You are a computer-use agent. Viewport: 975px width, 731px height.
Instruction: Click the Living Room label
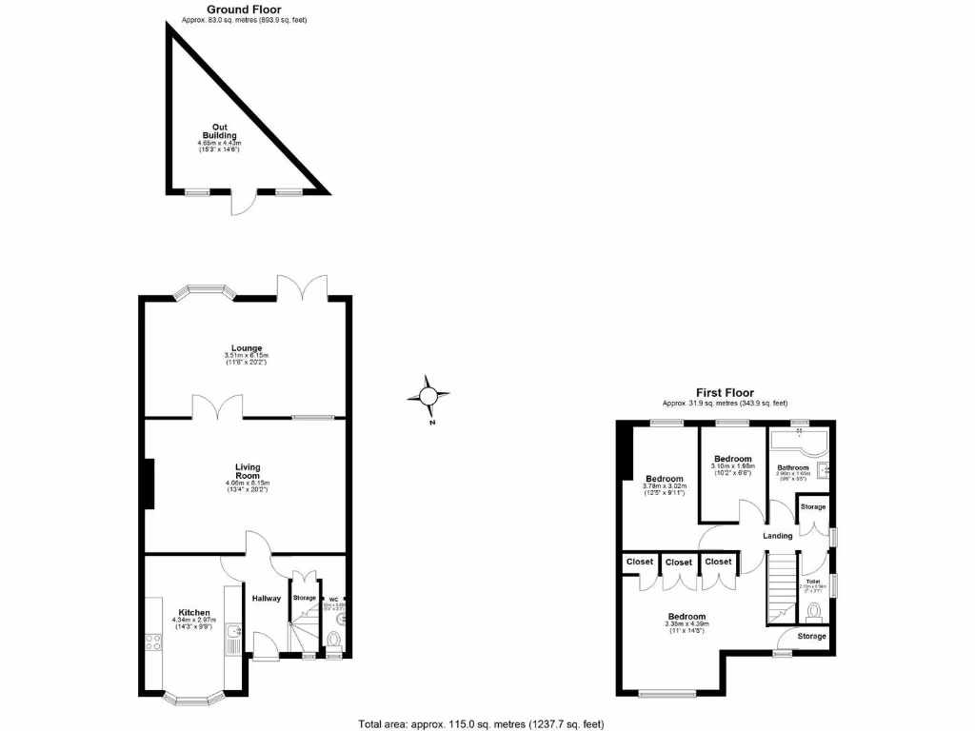[248, 471]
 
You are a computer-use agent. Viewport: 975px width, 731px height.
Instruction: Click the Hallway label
[267, 598]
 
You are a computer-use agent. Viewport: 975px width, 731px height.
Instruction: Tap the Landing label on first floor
[777, 536]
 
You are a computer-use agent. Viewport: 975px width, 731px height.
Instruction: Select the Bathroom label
[792, 467]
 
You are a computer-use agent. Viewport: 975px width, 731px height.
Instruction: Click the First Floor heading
[725, 392]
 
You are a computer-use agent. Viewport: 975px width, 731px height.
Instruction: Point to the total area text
[481, 723]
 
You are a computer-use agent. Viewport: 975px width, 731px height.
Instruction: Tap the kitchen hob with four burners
[152, 642]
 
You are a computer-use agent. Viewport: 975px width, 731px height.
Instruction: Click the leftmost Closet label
[640, 562]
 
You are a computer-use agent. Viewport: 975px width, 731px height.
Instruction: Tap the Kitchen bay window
[193, 699]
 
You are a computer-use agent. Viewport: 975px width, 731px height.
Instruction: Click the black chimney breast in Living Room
[149, 485]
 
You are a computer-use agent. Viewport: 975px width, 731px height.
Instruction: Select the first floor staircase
[781, 584]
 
